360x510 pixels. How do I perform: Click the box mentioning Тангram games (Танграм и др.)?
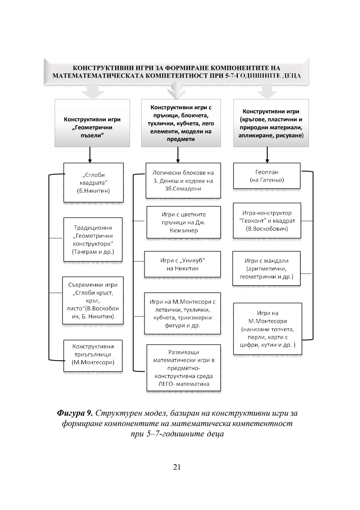coord(93,239)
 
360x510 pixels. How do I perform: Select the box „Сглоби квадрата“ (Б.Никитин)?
coord(93,182)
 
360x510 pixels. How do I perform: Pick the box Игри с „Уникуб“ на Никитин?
coord(182,264)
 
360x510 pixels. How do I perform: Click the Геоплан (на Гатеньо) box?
coord(267,176)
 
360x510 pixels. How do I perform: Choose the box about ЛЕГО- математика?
coord(184,368)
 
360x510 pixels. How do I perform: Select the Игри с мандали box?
coord(267,269)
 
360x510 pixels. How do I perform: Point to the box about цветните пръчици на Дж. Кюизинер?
coord(184,222)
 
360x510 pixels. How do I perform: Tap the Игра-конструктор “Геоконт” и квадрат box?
coord(267,221)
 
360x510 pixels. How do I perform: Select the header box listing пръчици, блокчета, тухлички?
coord(181,123)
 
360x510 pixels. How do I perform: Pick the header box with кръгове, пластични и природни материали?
coord(271,123)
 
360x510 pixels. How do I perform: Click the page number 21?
coord(177,467)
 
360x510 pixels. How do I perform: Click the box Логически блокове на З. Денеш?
coord(183,181)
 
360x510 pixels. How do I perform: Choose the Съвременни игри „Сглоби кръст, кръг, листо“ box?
coord(93,300)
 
